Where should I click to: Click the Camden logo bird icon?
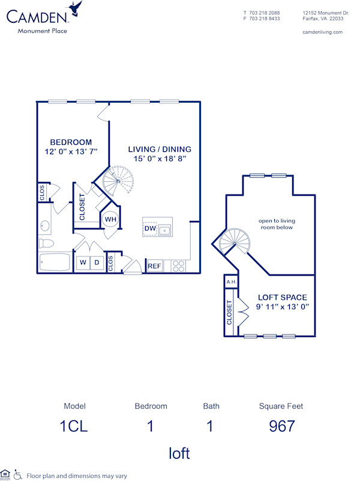(76, 8)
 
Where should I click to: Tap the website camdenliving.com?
(323, 32)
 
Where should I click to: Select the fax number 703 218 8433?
(265, 19)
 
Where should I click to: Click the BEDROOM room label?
(71, 142)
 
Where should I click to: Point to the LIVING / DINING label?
(160, 150)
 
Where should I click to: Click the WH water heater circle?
(110, 219)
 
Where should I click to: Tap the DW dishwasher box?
(150, 229)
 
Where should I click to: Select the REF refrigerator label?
(154, 265)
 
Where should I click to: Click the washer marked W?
(82, 262)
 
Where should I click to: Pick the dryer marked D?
(95, 262)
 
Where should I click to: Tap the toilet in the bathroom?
(46, 244)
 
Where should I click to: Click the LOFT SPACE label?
(282, 297)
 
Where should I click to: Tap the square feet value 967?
(281, 426)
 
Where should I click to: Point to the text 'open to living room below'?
(277, 224)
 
